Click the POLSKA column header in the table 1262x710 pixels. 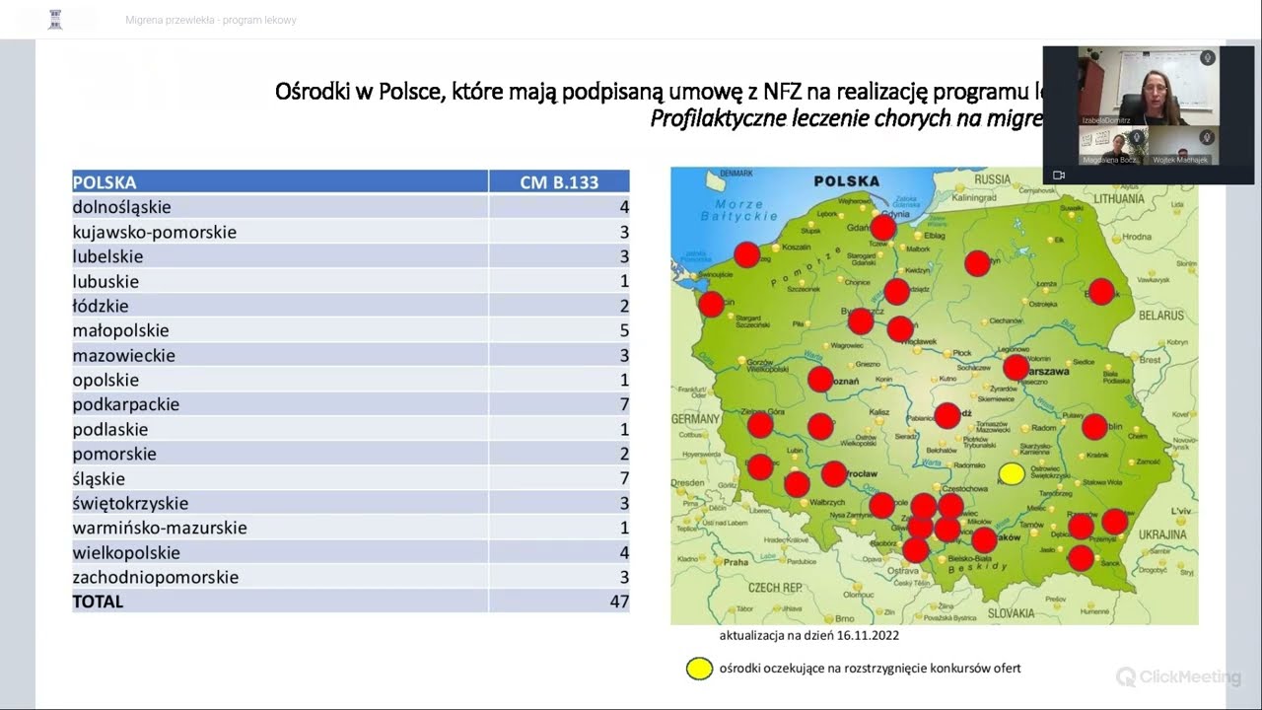(x=105, y=182)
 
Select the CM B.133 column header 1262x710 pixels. (x=559, y=182)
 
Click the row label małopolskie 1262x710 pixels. (x=120, y=330)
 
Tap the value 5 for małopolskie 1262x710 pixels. (x=623, y=330)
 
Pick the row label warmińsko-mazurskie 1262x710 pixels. (x=160, y=528)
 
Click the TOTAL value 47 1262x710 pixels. (x=618, y=602)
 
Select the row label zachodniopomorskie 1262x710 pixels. (x=155, y=577)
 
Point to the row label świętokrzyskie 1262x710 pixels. (x=130, y=503)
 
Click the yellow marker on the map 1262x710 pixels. (x=1012, y=474)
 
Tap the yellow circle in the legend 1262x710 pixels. (x=699, y=669)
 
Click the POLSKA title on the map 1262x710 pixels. (x=846, y=181)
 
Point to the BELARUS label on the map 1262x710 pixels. (x=1160, y=316)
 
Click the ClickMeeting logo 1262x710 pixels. (x=1178, y=676)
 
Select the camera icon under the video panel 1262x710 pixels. (x=1059, y=176)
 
